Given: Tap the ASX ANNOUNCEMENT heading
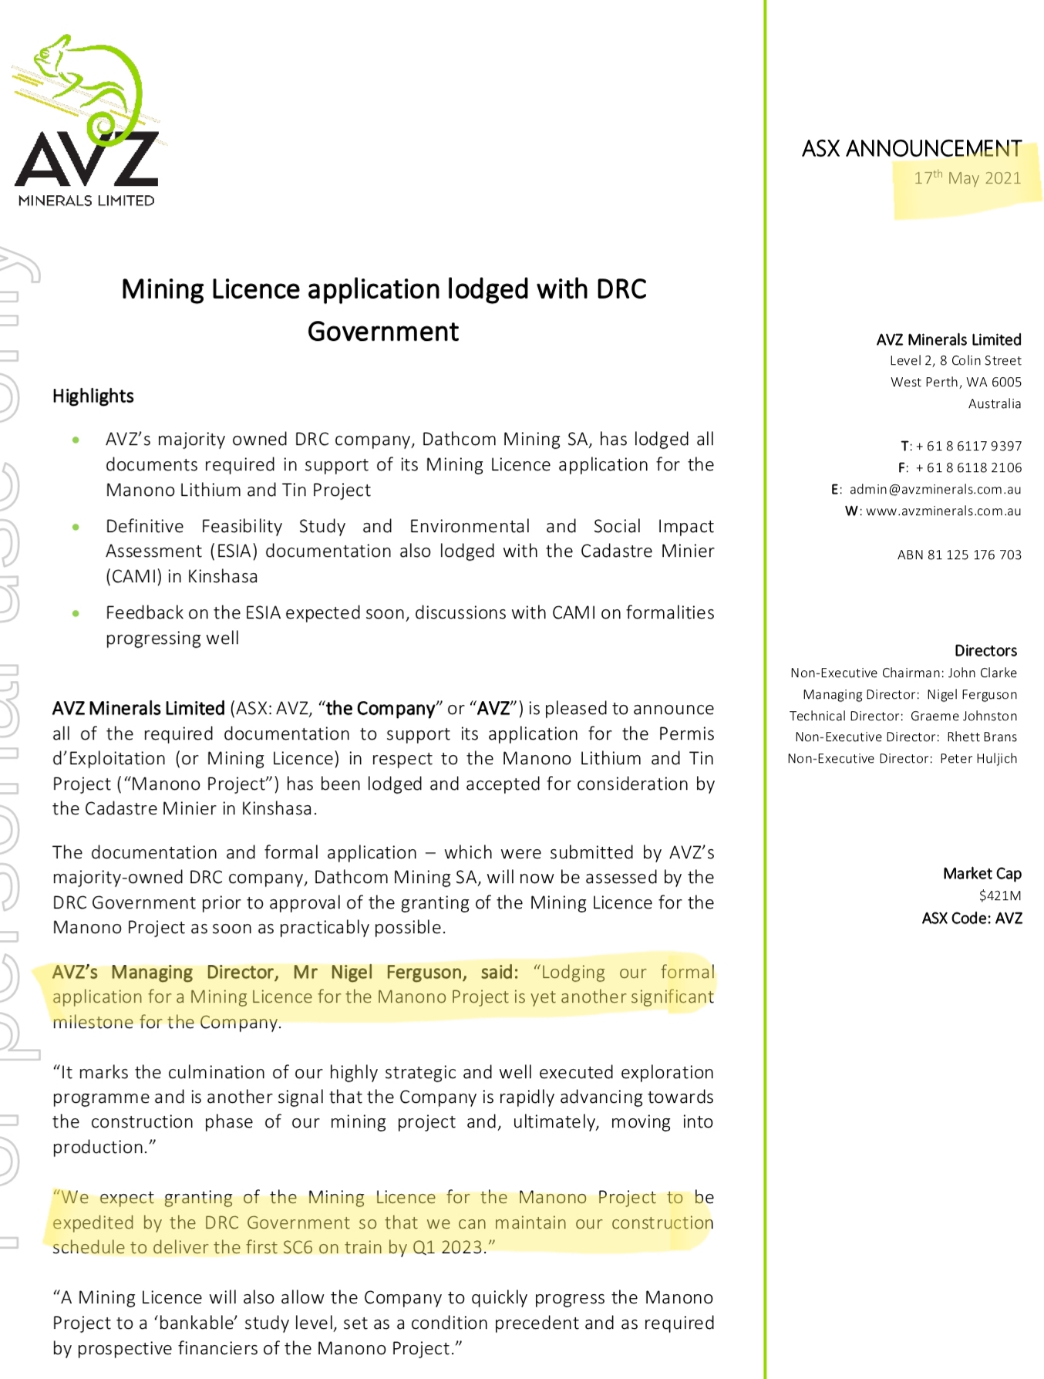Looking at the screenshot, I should [x=911, y=148].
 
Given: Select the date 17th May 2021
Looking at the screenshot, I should [x=967, y=178].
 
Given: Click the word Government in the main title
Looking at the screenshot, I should [x=382, y=332].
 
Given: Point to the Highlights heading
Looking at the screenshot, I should [x=93, y=396].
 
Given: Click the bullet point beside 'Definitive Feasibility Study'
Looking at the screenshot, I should [x=76, y=527].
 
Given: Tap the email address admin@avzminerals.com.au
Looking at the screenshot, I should [x=935, y=489].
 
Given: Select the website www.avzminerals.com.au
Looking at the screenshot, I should [x=943, y=511].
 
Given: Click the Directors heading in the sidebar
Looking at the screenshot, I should [x=985, y=650].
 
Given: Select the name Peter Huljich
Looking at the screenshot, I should [x=978, y=758].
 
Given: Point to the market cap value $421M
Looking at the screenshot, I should [x=999, y=895].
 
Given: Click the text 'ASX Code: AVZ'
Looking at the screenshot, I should [x=972, y=918].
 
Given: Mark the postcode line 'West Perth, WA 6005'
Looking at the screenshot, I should [x=955, y=382].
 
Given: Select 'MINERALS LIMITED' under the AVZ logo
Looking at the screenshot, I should [x=86, y=201].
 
